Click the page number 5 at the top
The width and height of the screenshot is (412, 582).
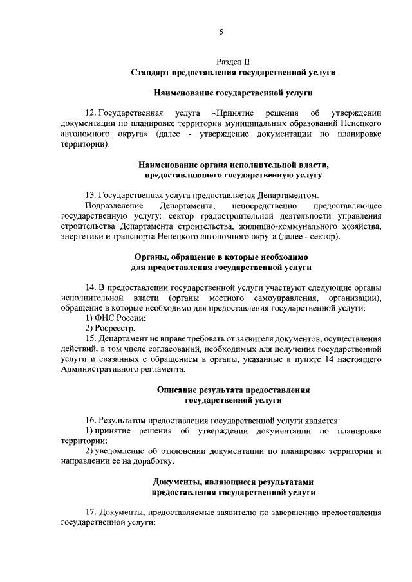tap(221, 32)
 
